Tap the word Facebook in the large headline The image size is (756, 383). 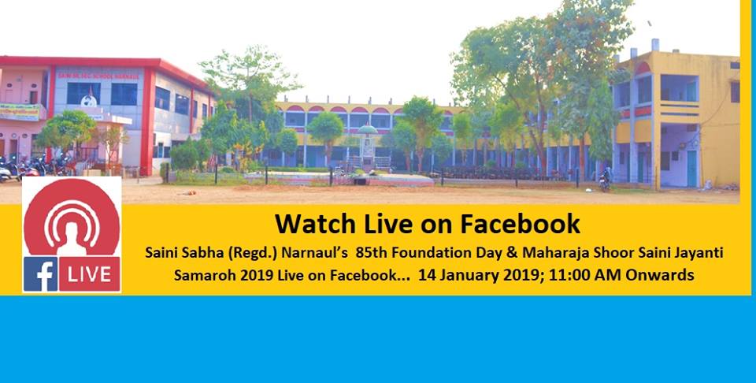(x=520, y=224)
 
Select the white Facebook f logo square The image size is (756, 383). (x=40, y=274)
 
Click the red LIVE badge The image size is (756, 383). (x=90, y=274)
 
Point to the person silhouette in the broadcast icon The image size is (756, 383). (x=72, y=240)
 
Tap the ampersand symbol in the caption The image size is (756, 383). (x=513, y=253)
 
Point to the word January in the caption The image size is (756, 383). (x=467, y=276)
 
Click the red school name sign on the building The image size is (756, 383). (x=98, y=76)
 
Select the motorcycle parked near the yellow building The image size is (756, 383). (x=605, y=180)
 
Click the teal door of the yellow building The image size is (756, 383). (x=692, y=169)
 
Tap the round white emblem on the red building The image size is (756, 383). (x=88, y=101)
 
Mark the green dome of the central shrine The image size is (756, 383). (x=368, y=129)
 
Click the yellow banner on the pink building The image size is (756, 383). (x=20, y=113)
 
